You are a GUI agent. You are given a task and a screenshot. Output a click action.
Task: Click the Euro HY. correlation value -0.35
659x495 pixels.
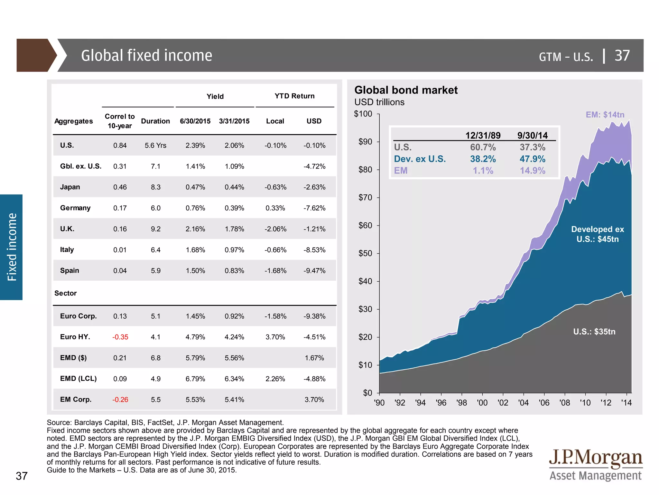point(120,337)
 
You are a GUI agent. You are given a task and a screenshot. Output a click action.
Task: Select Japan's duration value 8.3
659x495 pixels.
point(155,187)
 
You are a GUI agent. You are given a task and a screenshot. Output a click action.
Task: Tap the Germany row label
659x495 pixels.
point(75,208)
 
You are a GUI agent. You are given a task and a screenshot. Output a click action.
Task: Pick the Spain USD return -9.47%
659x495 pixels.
point(314,271)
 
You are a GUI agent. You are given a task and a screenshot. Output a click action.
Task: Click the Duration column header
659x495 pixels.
point(155,121)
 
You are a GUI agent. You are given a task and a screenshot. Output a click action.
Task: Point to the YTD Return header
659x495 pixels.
point(294,96)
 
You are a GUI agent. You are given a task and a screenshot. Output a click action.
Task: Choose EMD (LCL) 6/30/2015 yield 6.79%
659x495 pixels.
point(195,379)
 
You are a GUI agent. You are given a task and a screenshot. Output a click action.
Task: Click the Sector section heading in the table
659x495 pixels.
point(65,293)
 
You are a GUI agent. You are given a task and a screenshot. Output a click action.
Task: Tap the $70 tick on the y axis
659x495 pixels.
point(365,197)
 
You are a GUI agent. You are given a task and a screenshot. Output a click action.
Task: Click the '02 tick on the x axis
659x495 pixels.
point(503,403)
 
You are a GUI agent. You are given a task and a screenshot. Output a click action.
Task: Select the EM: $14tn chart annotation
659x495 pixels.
point(605,115)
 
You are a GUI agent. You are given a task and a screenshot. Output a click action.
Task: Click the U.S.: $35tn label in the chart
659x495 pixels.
point(594,332)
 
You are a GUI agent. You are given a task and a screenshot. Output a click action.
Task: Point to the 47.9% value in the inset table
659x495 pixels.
point(532,159)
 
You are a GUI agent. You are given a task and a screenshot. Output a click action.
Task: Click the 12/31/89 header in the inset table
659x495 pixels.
point(483,135)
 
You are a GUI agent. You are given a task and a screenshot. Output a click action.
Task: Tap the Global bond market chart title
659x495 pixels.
point(406,90)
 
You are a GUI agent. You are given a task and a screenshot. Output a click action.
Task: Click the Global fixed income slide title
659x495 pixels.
point(146,55)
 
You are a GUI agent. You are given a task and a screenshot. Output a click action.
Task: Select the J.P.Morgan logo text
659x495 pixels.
point(595,458)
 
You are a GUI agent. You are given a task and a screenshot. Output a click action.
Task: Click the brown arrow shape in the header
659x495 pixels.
point(35,55)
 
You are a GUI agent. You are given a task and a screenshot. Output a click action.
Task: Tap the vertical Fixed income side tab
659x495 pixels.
point(12,247)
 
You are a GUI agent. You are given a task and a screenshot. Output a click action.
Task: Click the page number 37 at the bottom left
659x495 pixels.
point(22,476)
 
